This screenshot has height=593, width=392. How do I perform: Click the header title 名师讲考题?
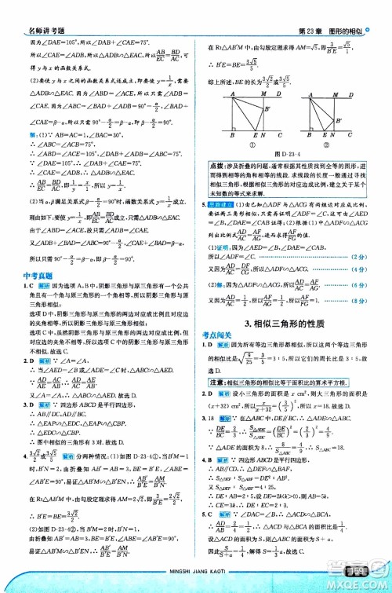click(30, 8)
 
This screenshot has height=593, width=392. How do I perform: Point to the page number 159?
click(367, 580)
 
